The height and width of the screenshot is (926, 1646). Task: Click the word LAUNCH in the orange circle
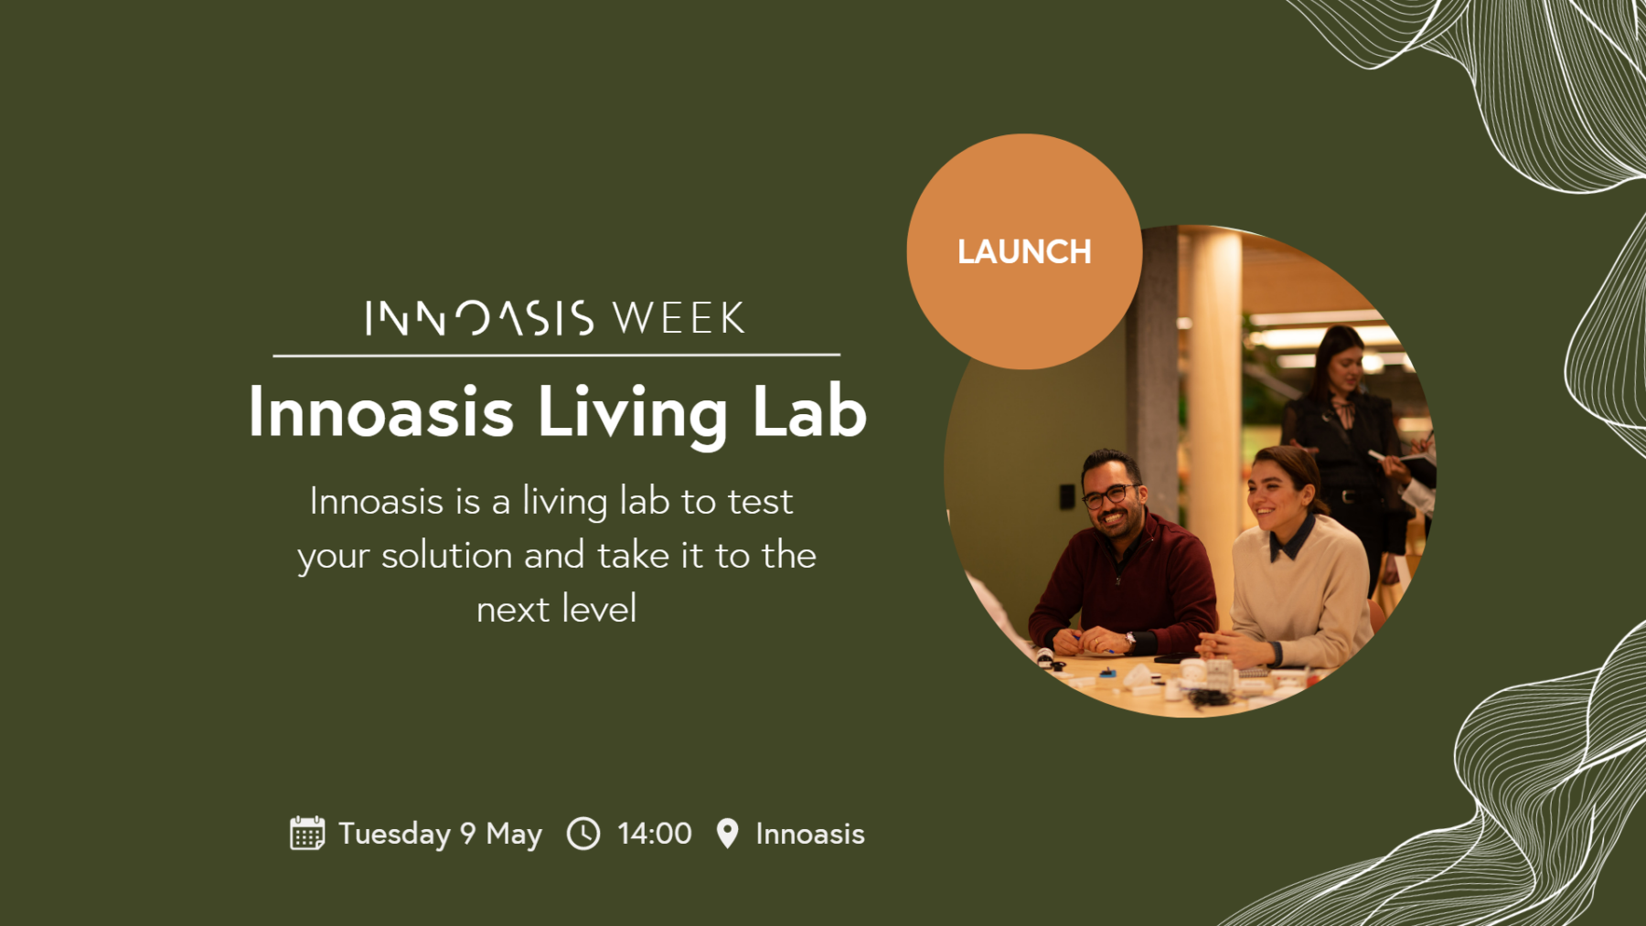click(x=1024, y=252)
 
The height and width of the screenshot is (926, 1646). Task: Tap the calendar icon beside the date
click(x=307, y=833)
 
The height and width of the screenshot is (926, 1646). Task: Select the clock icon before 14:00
click(x=583, y=834)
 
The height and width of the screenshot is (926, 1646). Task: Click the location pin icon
click(x=727, y=834)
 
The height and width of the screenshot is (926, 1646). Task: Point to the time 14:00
click(x=655, y=834)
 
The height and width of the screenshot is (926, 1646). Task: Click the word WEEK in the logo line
click(x=679, y=318)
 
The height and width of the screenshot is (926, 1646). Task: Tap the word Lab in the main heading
click(x=809, y=411)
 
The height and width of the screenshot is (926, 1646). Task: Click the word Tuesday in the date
click(x=394, y=835)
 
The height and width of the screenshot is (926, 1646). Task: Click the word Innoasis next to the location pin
click(x=810, y=834)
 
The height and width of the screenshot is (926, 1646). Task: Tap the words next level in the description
click(x=557, y=609)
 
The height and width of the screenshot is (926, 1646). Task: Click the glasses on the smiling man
click(x=1108, y=495)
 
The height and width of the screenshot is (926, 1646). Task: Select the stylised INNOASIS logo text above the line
click(x=480, y=318)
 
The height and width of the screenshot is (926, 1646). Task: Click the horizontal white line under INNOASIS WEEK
click(x=556, y=355)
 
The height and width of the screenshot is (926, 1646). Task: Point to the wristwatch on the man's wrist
click(x=1131, y=639)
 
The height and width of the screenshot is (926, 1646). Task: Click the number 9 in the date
click(x=468, y=834)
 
